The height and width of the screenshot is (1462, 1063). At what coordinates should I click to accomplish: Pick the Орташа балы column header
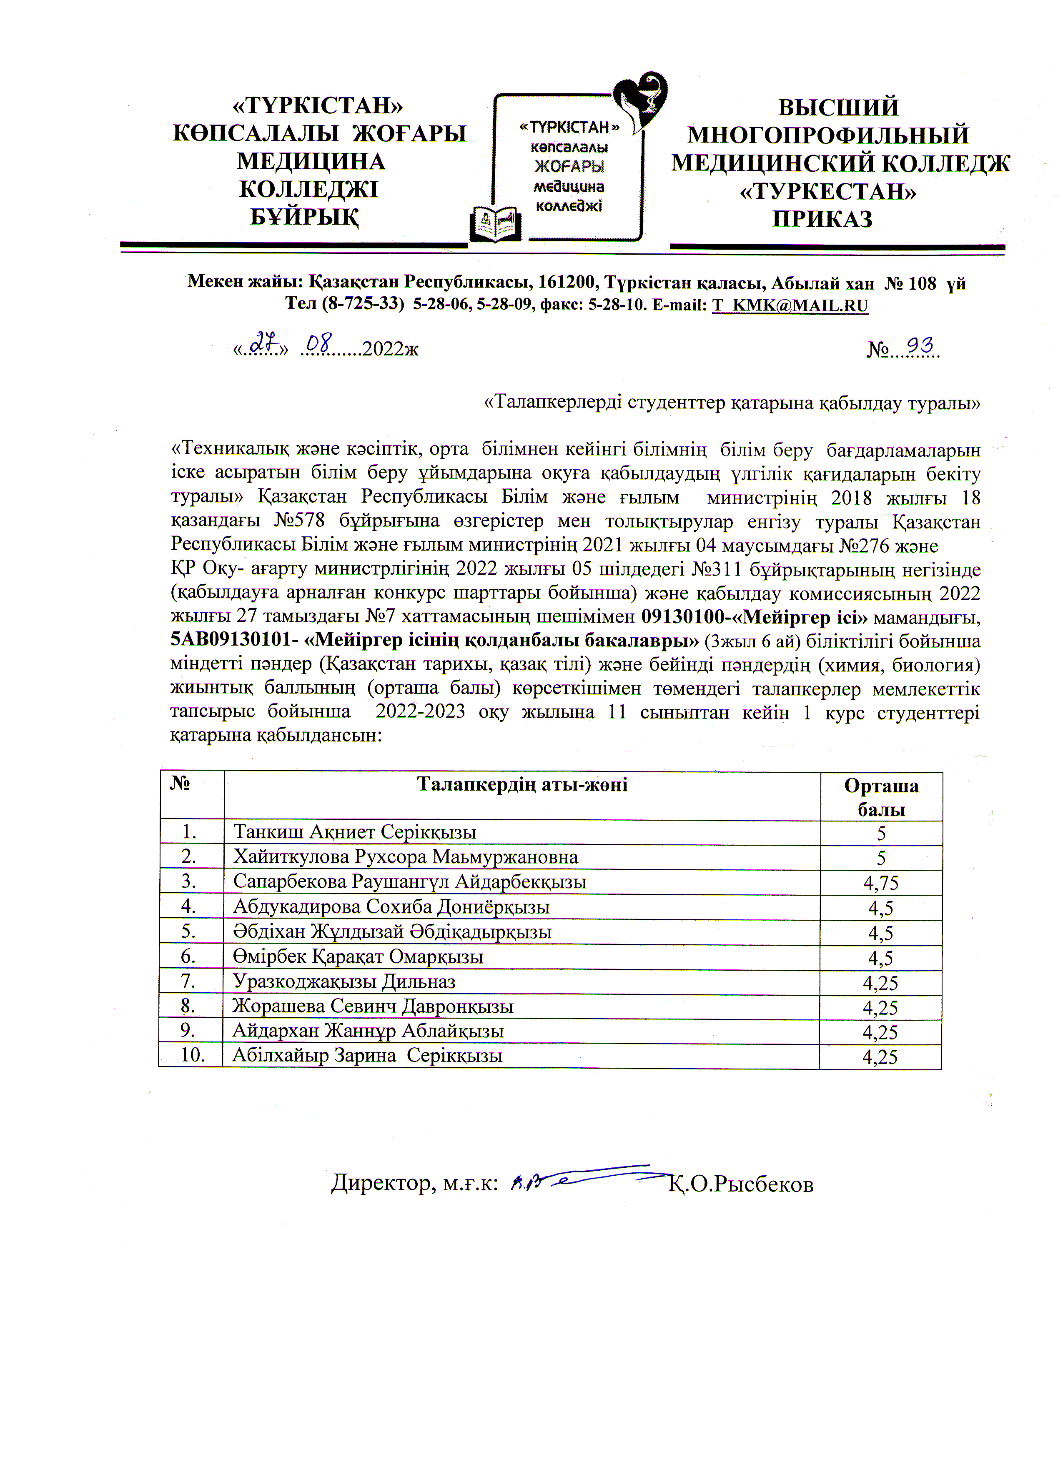click(x=881, y=797)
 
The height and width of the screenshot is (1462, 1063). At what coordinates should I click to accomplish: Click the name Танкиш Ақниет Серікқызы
click(x=355, y=832)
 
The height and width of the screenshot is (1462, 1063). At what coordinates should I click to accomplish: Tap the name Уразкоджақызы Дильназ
click(x=344, y=982)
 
